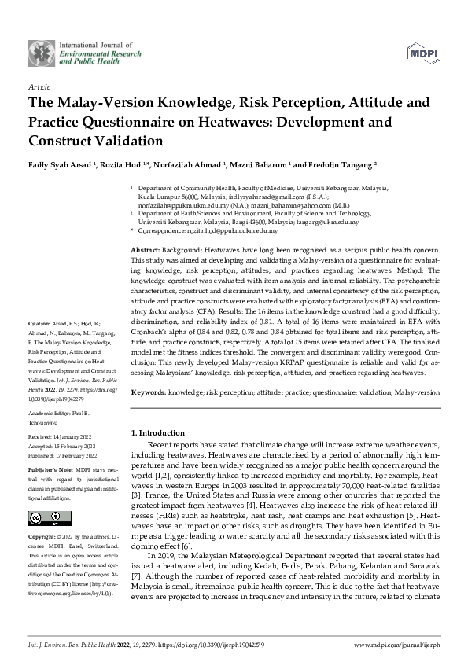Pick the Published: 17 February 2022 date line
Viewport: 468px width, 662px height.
[63, 454]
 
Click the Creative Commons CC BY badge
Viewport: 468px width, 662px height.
[45, 517]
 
